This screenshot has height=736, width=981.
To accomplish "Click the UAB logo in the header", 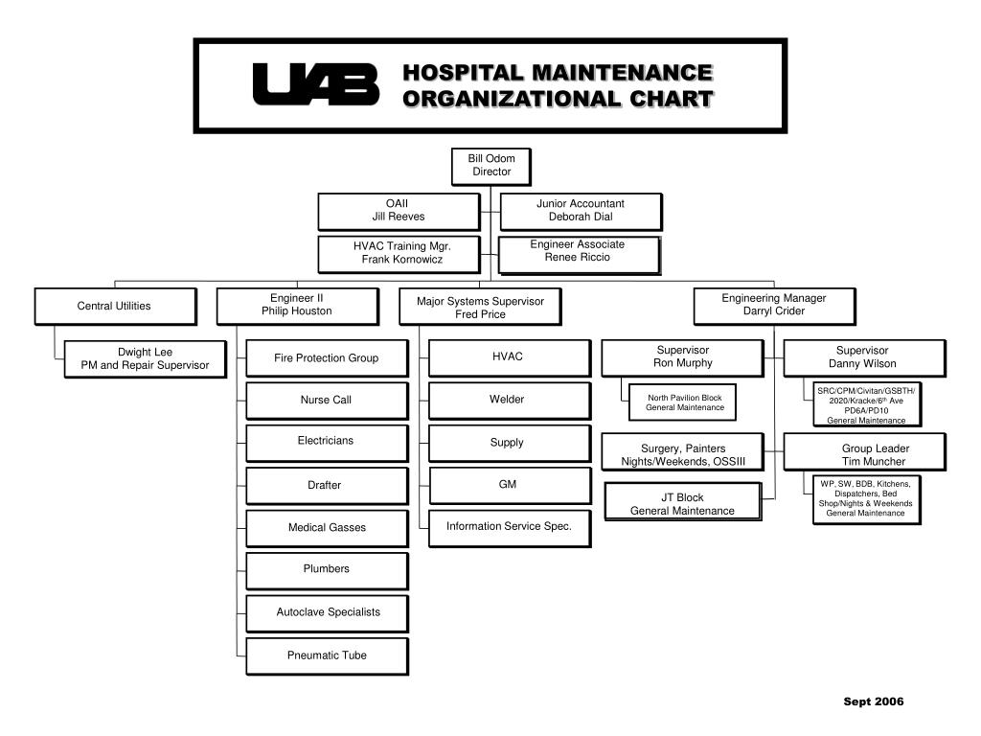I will [315, 84].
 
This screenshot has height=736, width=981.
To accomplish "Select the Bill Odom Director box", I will [490, 166].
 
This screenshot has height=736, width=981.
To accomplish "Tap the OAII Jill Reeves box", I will [399, 211].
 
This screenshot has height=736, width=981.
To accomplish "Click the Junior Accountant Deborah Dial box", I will [581, 211].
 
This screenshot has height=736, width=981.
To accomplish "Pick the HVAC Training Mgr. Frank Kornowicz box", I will [399, 253].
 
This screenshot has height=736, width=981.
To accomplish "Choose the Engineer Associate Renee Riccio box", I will [579, 252].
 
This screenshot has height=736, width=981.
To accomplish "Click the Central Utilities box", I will [115, 307].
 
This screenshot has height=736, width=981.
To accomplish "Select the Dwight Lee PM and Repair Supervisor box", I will [145, 358].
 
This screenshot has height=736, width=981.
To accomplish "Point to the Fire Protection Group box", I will [327, 358].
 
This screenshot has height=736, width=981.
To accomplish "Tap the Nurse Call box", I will [327, 401].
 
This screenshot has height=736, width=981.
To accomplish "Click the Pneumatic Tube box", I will [327, 655].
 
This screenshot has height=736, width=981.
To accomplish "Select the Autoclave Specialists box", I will [327, 612].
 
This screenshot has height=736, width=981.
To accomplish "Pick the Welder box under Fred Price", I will [508, 400].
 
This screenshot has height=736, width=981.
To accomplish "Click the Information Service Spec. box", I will [508, 526].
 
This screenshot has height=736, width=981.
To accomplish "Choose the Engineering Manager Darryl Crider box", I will [774, 305].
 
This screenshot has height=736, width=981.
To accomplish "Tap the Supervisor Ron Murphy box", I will [682, 357].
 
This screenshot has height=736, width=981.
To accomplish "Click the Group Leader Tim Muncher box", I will [864, 453].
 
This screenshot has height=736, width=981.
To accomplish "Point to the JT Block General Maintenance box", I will [682, 504].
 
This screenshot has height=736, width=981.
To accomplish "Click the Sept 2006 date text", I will [873, 701].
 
